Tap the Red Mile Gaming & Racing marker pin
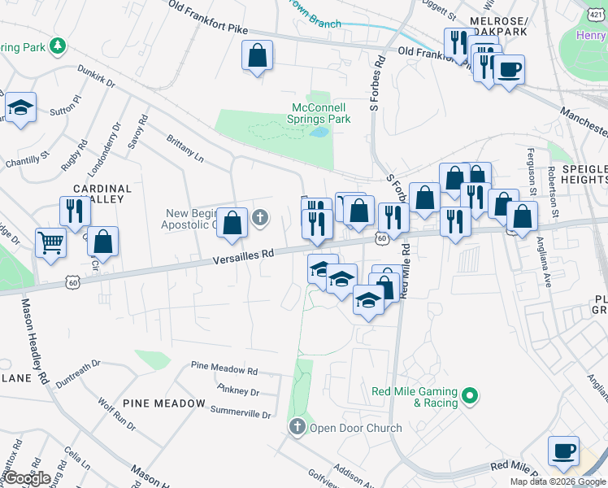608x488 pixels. (x=469, y=397)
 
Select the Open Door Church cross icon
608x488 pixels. (x=297, y=426)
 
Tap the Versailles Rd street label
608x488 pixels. (x=243, y=255)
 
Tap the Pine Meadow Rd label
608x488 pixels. (x=224, y=368)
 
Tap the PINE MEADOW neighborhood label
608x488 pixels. (x=165, y=403)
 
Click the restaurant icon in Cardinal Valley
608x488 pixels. (x=73, y=211)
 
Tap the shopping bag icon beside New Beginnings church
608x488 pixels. (x=232, y=222)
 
